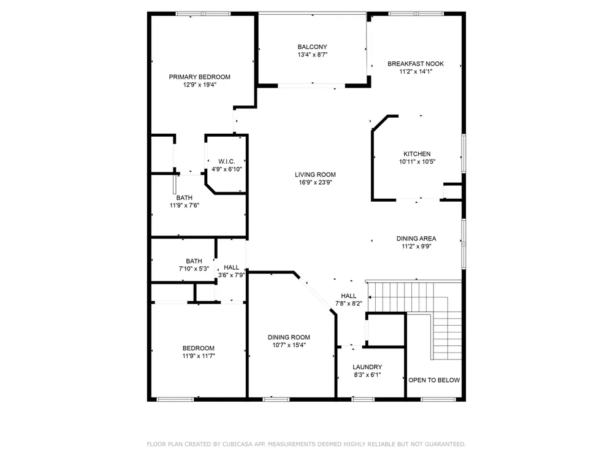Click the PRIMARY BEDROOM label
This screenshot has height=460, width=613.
[x=199, y=77]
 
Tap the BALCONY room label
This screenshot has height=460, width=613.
[x=312, y=47]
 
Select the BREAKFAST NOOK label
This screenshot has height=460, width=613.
[x=416, y=64]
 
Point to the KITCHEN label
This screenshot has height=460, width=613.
[x=417, y=154]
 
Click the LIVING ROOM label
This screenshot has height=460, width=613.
[x=315, y=175]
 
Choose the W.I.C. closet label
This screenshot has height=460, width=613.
[x=227, y=161]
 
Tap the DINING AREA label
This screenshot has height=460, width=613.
[x=416, y=239]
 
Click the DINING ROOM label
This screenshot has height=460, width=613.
[x=289, y=337]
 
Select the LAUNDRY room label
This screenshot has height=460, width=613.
[x=367, y=367]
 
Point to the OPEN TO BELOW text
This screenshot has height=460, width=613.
[x=434, y=380]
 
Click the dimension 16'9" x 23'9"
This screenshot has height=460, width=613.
[x=315, y=182]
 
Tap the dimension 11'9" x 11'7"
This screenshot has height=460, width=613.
[x=199, y=356]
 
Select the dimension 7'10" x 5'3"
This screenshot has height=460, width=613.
[x=194, y=269]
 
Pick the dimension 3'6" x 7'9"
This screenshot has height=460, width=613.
[x=232, y=275]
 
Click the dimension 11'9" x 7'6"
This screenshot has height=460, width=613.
[x=184, y=205]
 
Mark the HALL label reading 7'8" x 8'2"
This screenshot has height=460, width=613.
[x=348, y=296]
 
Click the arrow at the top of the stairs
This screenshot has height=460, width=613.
[x=370, y=297]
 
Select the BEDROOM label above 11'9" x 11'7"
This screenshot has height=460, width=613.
[x=199, y=348]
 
